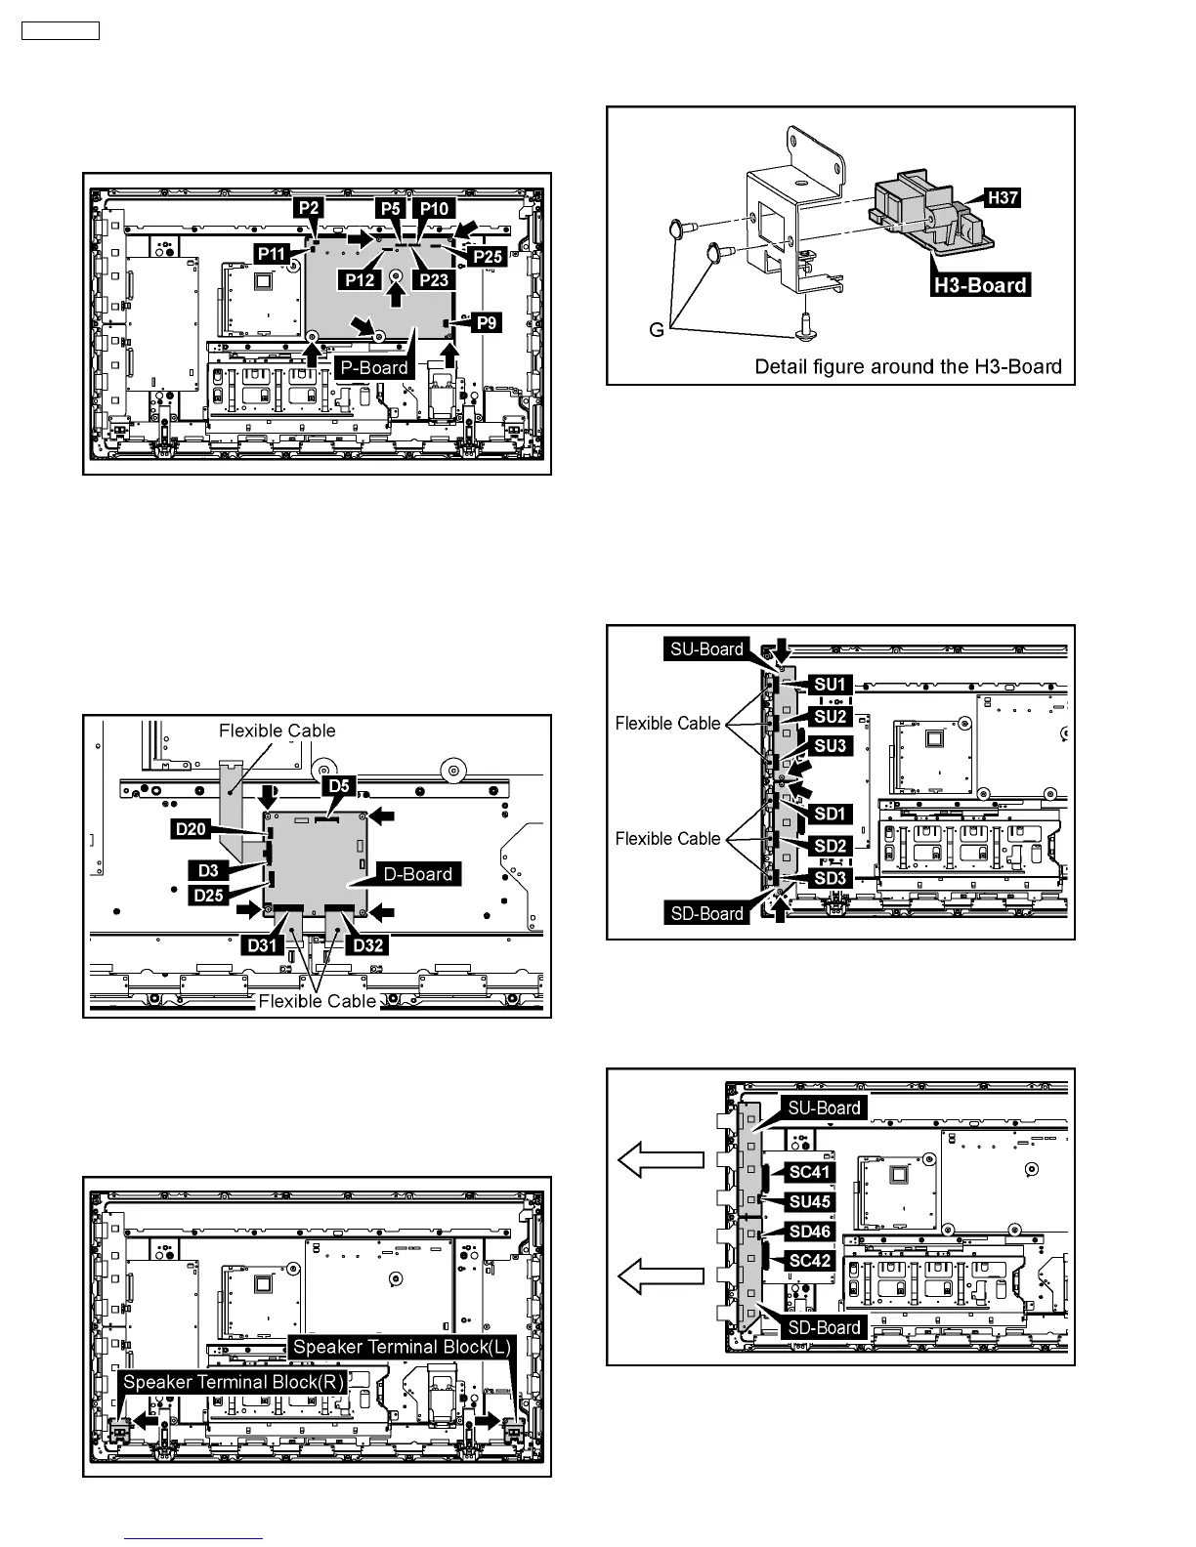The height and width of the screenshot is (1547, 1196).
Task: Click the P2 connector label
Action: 311,209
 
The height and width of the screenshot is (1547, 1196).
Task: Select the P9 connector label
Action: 486,322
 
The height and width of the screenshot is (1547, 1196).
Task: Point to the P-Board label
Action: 372,368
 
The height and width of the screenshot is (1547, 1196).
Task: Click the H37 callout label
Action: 1003,198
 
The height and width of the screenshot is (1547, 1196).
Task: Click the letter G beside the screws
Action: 658,330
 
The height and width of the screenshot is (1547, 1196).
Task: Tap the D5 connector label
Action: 339,786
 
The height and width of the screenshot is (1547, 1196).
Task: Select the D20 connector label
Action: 191,829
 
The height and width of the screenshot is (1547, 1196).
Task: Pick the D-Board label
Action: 418,874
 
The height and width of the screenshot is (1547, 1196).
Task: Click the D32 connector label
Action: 368,945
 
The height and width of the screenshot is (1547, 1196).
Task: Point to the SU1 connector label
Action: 830,685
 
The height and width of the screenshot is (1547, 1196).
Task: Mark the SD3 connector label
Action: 830,878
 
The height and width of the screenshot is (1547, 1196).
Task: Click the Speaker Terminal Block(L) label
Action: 402,1347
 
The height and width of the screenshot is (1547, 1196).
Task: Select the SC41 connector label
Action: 810,1171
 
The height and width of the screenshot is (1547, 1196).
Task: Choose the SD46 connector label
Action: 810,1232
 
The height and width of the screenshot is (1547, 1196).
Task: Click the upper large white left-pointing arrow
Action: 661,1159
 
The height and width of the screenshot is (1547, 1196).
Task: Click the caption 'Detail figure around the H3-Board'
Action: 908,367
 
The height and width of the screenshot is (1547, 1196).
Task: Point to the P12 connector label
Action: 361,279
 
